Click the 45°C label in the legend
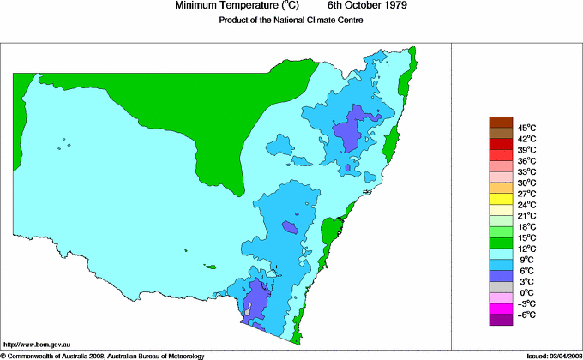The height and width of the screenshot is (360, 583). pyautogui.click(x=526, y=127)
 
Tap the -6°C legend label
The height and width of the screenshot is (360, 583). pyautogui.click(x=526, y=315)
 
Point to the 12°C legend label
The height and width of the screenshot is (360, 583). pyautogui.click(x=526, y=249)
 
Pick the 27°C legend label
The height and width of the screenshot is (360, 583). pyautogui.click(x=526, y=194)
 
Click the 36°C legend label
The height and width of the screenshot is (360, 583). pyautogui.click(x=526, y=160)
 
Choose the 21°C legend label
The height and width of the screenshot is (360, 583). pyautogui.click(x=526, y=215)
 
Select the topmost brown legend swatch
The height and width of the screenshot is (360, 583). pyautogui.click(x=501, y=121)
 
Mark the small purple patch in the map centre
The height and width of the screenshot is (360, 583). pyautogui.click(x=291, y=226)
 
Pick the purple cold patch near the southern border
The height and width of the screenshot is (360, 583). pyautogui.click(x=257, y=300)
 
